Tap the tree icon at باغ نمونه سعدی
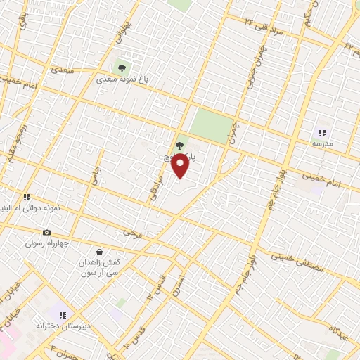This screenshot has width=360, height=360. click(x=122, y=68)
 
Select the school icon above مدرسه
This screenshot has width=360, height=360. click(x=322, y=133)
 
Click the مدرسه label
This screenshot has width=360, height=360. click(x=322, y=144)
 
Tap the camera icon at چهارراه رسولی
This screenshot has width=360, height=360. click(x=47, y=233)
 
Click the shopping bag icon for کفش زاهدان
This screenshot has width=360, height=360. click(x=99, y=252)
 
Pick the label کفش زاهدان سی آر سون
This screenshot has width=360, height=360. click(x=99, y=266)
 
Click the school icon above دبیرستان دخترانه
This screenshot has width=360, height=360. click(x=63, y=316)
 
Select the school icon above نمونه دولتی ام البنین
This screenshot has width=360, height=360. click(x=27, y=198)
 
